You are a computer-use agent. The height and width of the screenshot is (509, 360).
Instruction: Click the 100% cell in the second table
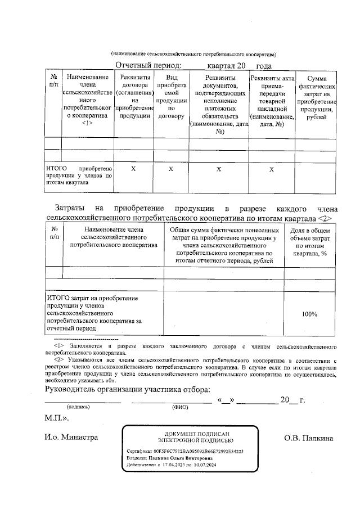tap(309, 314)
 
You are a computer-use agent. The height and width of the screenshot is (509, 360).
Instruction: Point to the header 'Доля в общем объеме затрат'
tap(309, 242)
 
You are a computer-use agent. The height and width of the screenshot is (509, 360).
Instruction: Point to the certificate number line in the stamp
tap(185, 451)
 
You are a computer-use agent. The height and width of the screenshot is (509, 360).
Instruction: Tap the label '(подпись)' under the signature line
tap(77, 406)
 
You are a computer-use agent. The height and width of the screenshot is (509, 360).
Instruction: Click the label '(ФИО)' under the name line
tap(179, 406)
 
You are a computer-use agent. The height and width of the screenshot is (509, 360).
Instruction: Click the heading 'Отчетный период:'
tap(145, 66)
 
